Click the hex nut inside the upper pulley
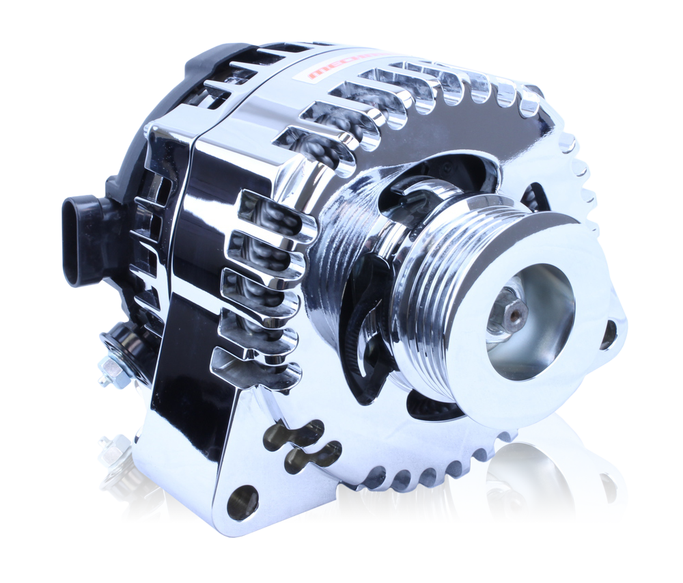point(508,312)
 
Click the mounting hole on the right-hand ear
point(608,334)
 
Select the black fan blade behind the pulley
point(365,321)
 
